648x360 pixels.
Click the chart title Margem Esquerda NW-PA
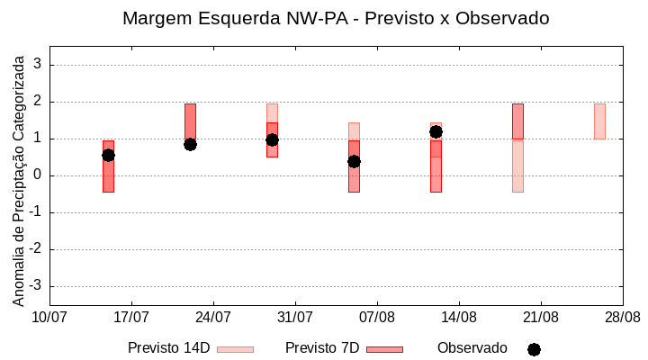[335, 18]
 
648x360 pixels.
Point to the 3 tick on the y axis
[38, 65]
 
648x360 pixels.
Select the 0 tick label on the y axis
[38, 175]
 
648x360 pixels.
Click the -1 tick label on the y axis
[35, 212]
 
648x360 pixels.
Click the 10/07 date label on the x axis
[49, 318]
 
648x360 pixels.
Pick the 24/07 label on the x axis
[213, 318]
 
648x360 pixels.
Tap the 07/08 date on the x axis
[377, 318]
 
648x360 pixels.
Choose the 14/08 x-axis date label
[459, 318]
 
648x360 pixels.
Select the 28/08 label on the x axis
[623, 318]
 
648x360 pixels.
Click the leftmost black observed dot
[108, 155]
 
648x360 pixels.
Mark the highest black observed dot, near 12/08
[436, 131]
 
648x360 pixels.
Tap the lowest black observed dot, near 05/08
[354, 161]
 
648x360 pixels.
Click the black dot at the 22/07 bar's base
[190, 144]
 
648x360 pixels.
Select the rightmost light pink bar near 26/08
[599, 121]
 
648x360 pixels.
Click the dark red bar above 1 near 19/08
[517, 121]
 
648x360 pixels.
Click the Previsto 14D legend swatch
[235, 349]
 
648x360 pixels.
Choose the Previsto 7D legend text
[321, 348]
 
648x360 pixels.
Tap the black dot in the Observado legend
[534, 349]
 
